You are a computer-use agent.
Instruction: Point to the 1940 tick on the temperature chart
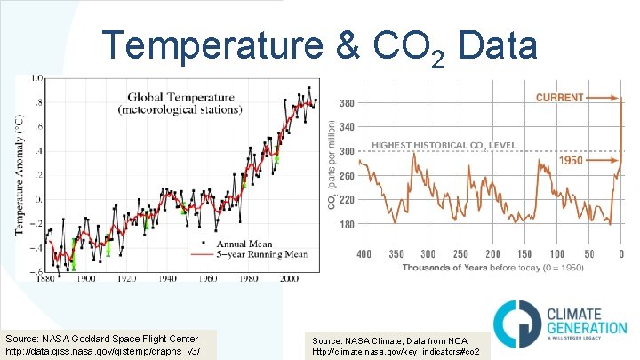pyautogui.click(x=165, y=278)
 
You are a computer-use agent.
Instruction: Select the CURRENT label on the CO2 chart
pyautogui.click(x=559, y=97)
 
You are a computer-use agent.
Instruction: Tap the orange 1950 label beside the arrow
pyautogui.click(x=571, y=161)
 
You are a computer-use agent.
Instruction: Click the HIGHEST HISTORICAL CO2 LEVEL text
pyautogui.click(x=456, y=145)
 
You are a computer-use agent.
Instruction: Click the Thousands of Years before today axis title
pyautogui.click(x=489, y=267)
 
